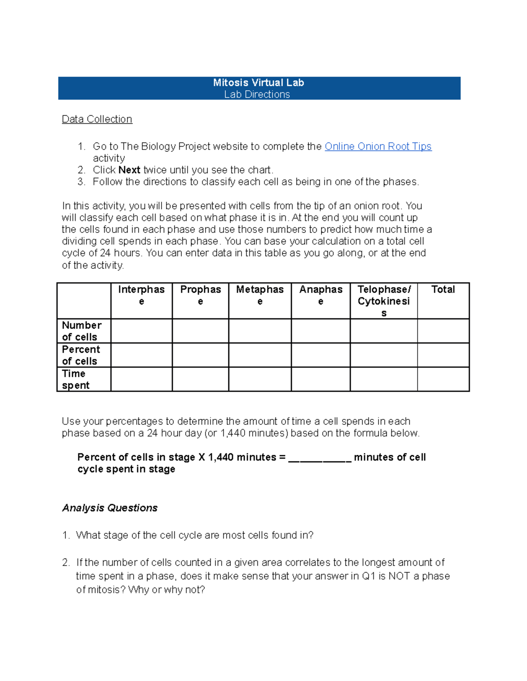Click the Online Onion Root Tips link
378,146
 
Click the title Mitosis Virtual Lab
258,82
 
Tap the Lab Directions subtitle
257,94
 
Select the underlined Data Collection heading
97,119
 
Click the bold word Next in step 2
129,170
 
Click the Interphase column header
141,295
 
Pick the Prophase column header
200,295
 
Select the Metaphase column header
260,295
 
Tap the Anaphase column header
321,295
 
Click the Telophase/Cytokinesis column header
384,301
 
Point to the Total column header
443,289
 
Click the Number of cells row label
82,331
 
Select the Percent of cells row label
81,355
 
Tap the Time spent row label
76,379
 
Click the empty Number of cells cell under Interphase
141,331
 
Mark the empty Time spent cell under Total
443,379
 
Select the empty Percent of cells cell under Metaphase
260,355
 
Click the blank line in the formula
320,458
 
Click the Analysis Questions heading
110,508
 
